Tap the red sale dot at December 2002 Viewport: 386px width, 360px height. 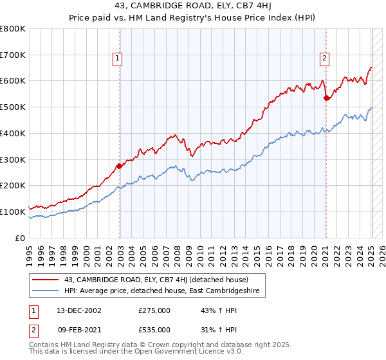[120, 166]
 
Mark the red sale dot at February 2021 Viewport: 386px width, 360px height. [327, 98]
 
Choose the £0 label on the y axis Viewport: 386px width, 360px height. [20, 238]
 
